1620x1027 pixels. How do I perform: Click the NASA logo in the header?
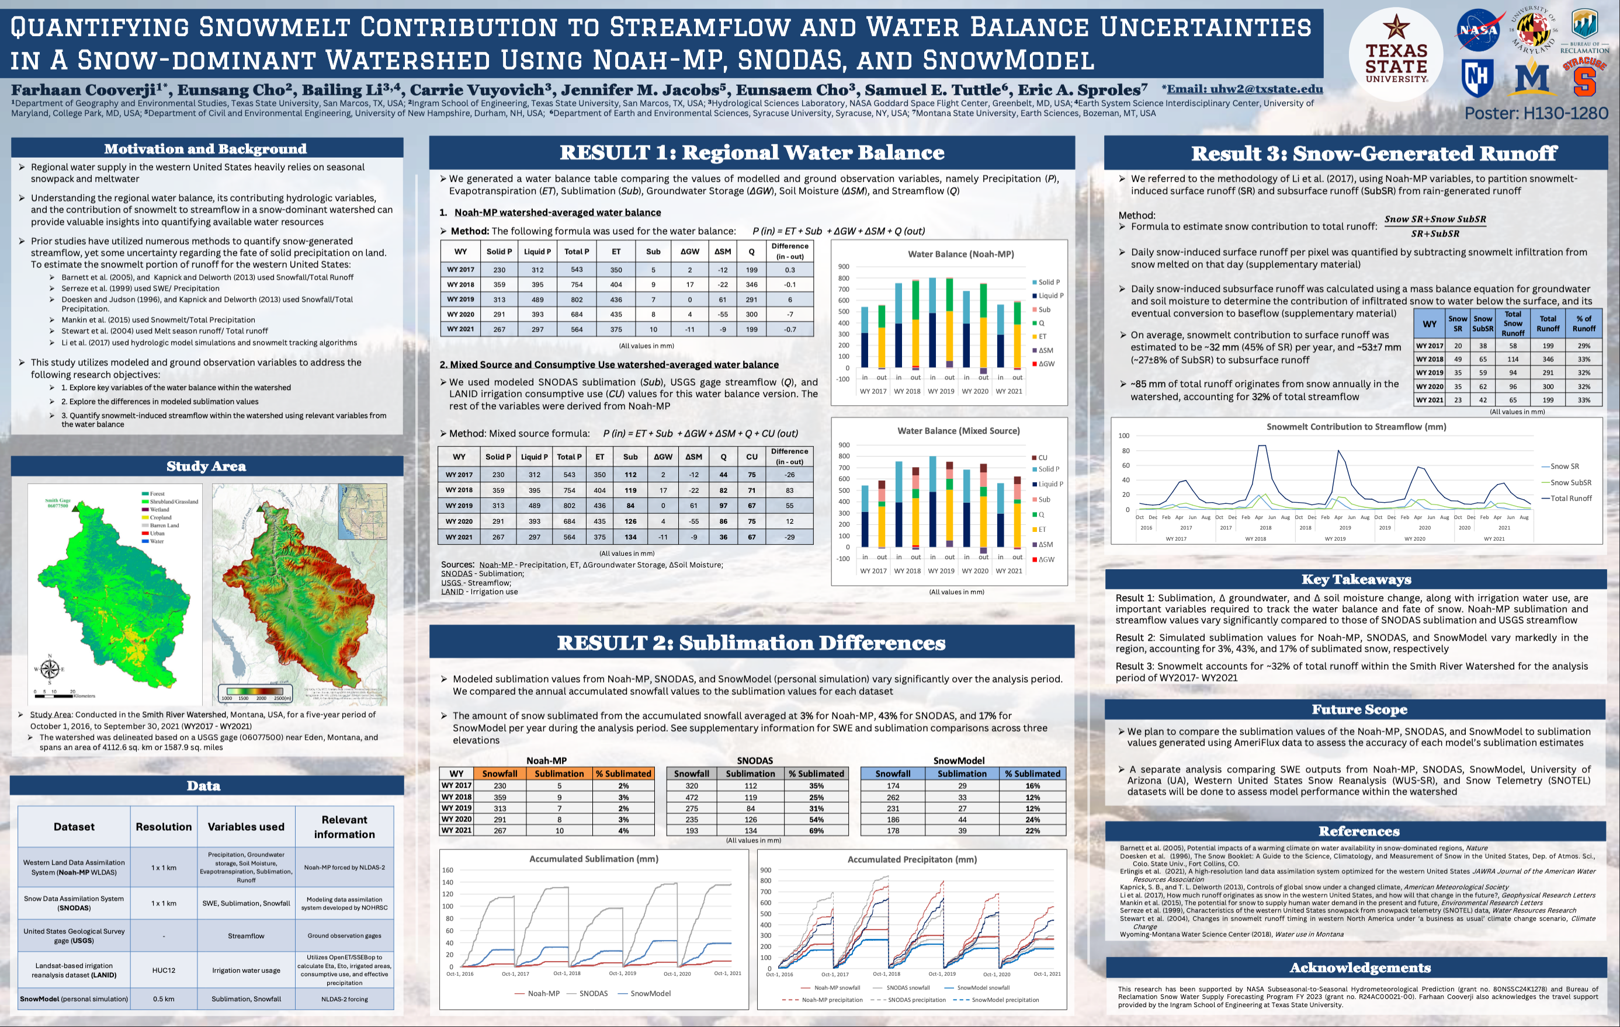pos(1477,30)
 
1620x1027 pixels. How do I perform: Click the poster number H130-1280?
pos(1536,113)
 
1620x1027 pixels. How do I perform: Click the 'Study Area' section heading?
pos(206,466)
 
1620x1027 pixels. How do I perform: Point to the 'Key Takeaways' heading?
pos(1355,579)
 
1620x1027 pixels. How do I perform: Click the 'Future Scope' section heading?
pos(1359,709)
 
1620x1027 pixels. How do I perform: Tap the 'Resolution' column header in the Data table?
pos(164,827)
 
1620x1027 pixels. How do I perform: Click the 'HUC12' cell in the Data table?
pos(164,970)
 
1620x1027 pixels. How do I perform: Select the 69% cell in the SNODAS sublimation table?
pos(816,831)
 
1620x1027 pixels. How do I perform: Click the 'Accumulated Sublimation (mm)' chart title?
pos(594,859)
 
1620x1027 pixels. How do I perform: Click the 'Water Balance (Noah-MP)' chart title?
pos(960,254)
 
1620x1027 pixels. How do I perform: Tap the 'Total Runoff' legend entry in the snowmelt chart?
pos(1570,499)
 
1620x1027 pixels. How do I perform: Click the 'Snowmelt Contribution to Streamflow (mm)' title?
pos(1355,426)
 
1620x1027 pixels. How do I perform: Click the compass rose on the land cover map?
pos(50,668)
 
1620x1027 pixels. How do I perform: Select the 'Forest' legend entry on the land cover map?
pos(156,494)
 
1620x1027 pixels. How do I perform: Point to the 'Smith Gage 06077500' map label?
pos(58,503)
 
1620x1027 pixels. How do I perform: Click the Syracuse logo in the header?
pos(1584,77)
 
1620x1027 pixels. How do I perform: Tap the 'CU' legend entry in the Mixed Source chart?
pos(1042,457)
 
